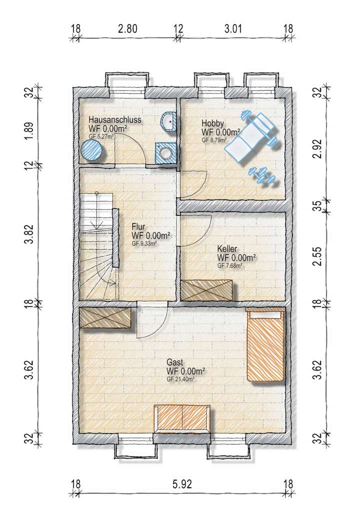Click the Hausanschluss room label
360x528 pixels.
[115, 120]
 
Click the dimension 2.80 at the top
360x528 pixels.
[127, 28]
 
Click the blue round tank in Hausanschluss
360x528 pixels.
[92, 149]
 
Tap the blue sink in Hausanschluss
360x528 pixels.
[168, 121]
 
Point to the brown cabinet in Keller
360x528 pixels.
[207, 290]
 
